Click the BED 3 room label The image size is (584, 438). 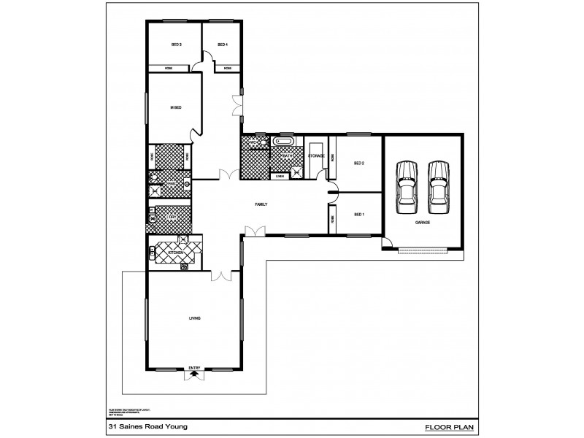pyautogui.click(x=176, y=45)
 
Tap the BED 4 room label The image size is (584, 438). pyautogui.click(x=223, y=45)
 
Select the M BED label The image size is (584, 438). pyautogui.click(x=175, y=108)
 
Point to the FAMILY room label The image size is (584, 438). pyautogui.click(x=261, y=204)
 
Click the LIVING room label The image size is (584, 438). pyautogui.click(x=195, y=318)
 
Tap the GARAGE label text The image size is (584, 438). pyautogui.click(x=422, y=221)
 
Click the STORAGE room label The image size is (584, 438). pyautogui.click(x=316, y=156)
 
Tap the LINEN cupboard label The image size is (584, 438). pyautogui.click(x=279, y=176)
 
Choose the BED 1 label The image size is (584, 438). pyautogui.click(x=358, y=215)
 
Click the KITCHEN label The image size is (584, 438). pyautogui.click(x=176, y=253)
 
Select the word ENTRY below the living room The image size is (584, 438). pyautogui.click(x=194, y=367)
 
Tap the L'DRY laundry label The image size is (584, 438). pyautogui.click(x=172, y=217)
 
